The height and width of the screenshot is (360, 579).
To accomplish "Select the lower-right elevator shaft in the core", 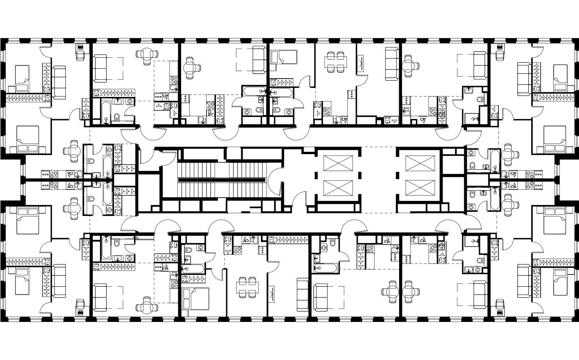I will [415, 187].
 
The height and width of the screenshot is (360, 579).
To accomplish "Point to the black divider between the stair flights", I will [222, 180].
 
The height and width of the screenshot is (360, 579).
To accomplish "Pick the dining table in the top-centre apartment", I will [336, 61].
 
